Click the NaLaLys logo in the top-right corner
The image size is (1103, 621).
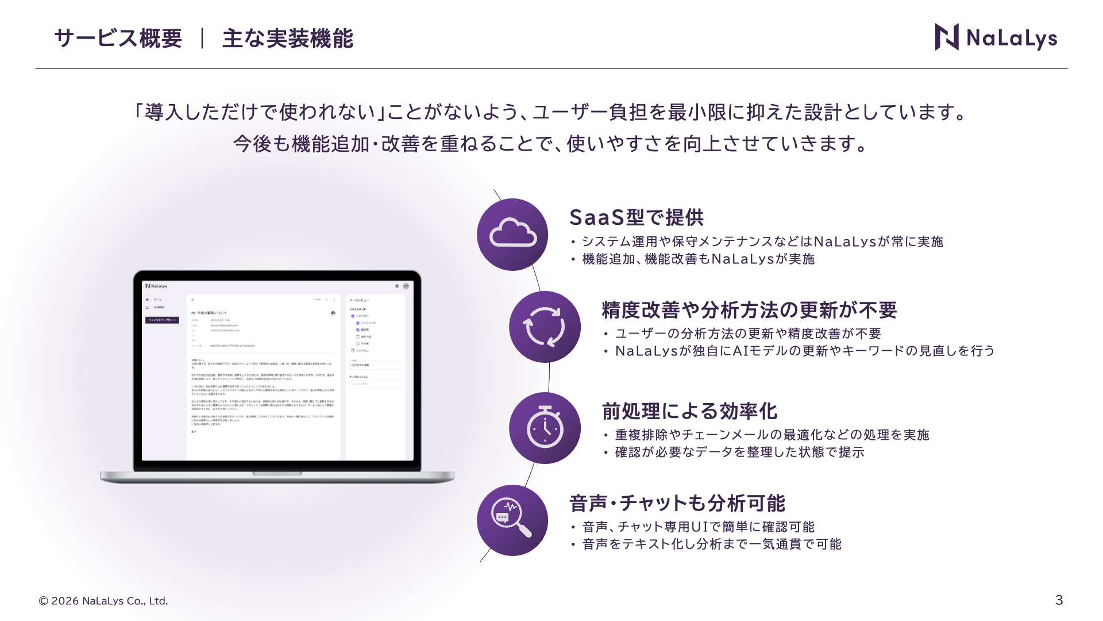tap(996, 37)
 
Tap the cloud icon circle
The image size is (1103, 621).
tap(512, 235)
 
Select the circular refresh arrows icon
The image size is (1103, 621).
tap(544, 327)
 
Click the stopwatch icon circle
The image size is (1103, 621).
tap(544, 428)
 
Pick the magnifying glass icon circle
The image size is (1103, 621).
tap(512, 520)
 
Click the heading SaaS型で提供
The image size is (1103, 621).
tap(636, 217)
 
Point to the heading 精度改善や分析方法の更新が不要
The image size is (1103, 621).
tap(749, 310)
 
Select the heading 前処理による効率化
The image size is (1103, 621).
tap(689, 411)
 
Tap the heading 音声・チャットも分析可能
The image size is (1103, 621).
tap(677, 503)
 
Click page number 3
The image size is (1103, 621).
tap(1059, 600)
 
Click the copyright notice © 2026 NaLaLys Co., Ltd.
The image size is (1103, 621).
tap(103, 601)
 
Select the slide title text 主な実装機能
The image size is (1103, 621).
tap(287, 39)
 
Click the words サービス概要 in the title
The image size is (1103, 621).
tap(118, 39)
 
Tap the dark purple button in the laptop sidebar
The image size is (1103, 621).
tap(162, 320)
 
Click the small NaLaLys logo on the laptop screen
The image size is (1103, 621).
tap(156, 286)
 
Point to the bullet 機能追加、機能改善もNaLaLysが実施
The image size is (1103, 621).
tap(698, 259)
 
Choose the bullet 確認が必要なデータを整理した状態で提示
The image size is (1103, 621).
tap(739, 453)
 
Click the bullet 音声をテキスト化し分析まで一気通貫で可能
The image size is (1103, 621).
tap(711, 545)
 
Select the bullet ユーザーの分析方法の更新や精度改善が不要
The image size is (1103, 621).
tap(747, 334)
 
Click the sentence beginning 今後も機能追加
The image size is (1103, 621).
tap(550, 144)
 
